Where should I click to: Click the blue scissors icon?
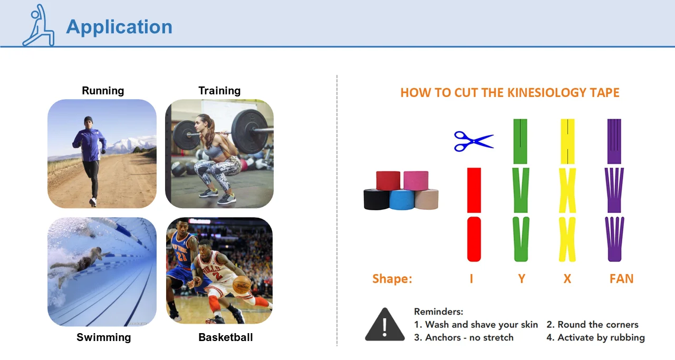474,141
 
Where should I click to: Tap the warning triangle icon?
385,325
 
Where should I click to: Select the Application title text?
119,27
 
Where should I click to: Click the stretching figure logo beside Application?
38,25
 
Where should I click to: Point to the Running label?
103,91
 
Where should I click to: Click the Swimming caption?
104,337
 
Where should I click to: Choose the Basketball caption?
225,337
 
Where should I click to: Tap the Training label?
219,91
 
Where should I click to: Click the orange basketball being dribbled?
242,285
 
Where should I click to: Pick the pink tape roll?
416,180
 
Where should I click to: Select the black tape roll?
376,199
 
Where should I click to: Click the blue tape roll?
402,200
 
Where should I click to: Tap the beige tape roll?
427,199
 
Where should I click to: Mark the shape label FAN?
621,279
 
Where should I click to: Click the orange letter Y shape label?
522,279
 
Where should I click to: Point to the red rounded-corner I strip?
474,239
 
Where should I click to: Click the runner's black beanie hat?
88,120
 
